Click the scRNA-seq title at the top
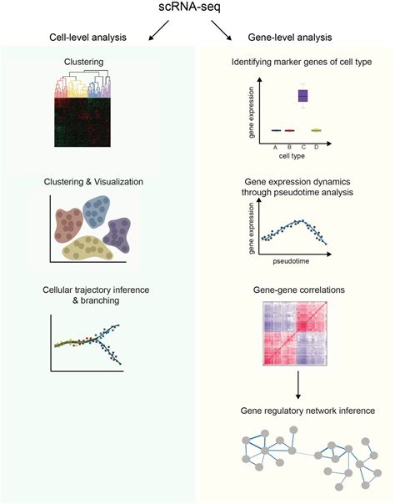tap(197, 10)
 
